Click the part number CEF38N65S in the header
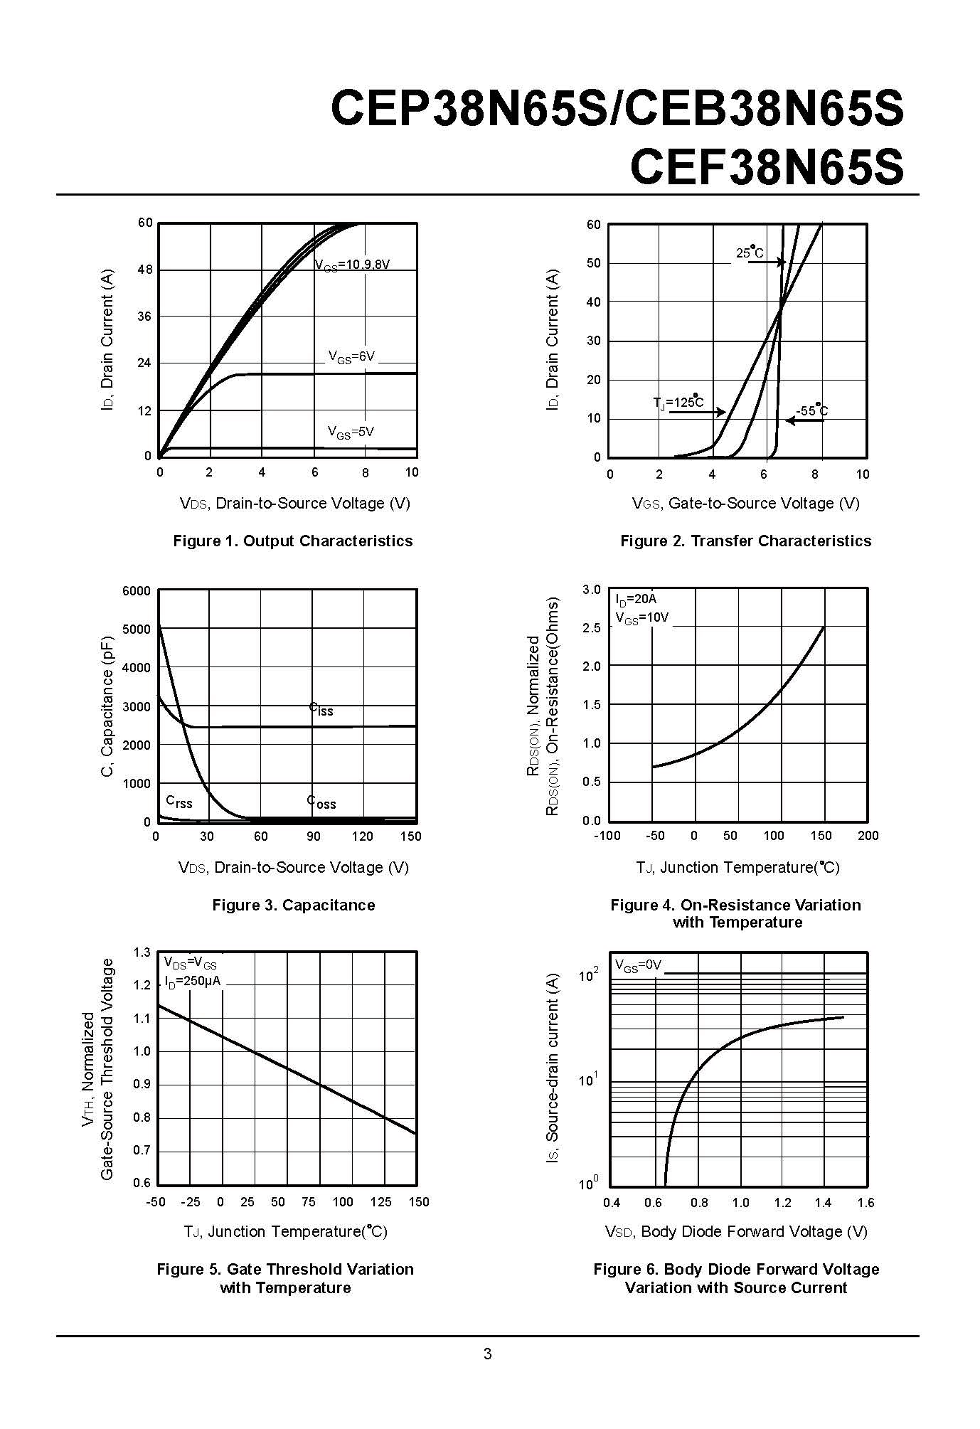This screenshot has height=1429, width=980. coord(767,167)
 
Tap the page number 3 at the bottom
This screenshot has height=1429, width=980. coord(487,1354)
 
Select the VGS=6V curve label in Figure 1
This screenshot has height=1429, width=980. coord(351,356)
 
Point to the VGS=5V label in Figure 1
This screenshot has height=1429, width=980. coord(351,432)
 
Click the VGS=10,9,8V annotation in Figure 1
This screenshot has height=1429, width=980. coord(353,265)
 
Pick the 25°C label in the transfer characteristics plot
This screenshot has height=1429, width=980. coord(750,253)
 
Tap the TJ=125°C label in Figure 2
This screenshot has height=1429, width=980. coord(678,403)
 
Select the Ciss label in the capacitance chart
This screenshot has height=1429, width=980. coord(321,709)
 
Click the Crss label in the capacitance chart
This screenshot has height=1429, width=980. coord(179,802)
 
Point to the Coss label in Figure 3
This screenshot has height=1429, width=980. coord(321,802)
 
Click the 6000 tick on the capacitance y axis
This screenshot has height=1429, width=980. coord(137,591)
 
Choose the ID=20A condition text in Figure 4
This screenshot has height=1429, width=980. coord(636,600)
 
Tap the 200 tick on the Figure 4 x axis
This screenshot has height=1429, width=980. coord(868,836)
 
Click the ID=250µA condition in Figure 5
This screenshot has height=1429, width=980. coord(192,981)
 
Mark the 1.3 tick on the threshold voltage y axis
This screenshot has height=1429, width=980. coord(142,952)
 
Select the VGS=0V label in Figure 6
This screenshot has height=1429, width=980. coord(638,965)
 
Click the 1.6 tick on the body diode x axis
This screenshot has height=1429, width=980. coord(866,1203)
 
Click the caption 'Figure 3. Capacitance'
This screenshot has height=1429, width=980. coord(293,905)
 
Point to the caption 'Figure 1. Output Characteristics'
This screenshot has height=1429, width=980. coord(293,541)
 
